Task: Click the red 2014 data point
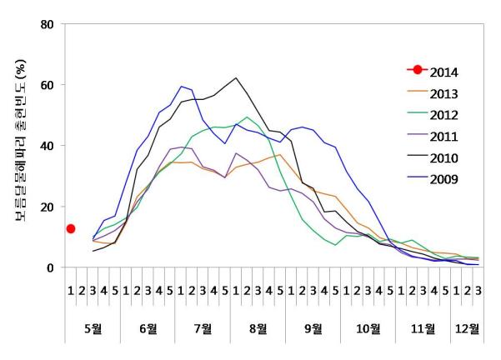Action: [71, 228]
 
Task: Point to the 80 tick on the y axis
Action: [48, 24]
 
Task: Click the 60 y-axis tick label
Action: [48, 85]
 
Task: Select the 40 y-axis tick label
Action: [48, 146]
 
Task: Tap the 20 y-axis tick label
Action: [48, 207]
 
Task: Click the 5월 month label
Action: [93, 327]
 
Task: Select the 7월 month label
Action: [203, 327]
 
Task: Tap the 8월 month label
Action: [258, 327]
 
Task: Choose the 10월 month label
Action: [368, 327]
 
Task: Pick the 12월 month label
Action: [467, 327]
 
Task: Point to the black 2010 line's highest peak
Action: [237, 78]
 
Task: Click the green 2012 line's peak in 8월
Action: [248, 117]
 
